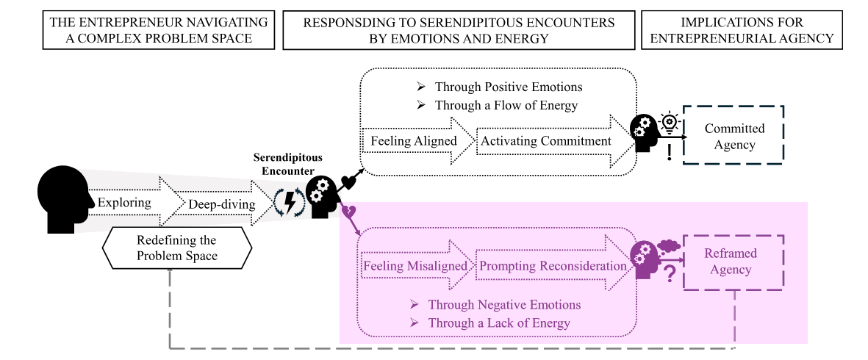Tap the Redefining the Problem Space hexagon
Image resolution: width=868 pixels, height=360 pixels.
[x=177, y=248]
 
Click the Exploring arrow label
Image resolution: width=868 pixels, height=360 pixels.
[x=124, y=202]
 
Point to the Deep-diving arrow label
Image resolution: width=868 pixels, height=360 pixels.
[x=222, y=204]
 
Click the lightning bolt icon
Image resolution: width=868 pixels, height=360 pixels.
[x=290, y=202]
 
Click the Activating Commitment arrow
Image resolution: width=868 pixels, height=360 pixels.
[x=553, y=140]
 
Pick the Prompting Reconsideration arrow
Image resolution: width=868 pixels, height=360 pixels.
[x=553, y=265]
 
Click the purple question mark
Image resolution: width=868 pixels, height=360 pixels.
[x=670, y=273]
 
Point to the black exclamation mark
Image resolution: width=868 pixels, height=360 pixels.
[x=670, y=151]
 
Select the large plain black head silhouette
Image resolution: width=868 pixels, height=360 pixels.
[x=62, y=200]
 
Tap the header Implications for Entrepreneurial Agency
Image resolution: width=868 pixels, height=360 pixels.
[x=742, y=30]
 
